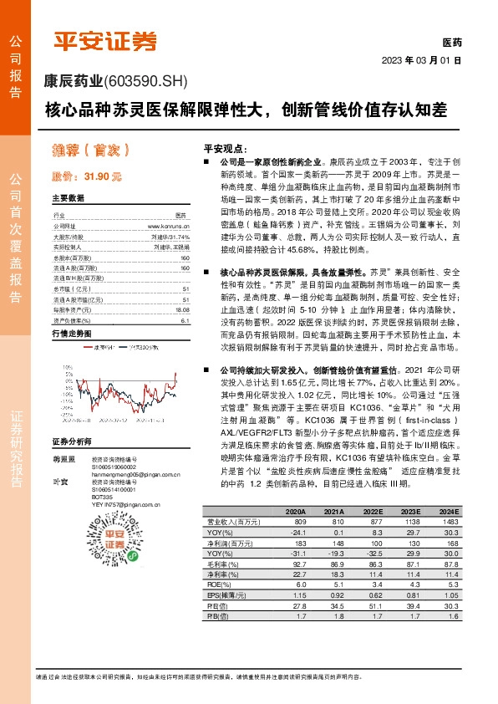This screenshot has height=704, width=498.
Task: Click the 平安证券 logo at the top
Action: click(104, 41)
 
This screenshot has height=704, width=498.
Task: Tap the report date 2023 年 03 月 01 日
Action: click(421, 60)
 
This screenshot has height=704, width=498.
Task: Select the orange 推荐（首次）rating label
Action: click(91, 151)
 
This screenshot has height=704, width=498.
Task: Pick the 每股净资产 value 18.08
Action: click(182, 287)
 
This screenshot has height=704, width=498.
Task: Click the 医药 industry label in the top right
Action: click(451, 43)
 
